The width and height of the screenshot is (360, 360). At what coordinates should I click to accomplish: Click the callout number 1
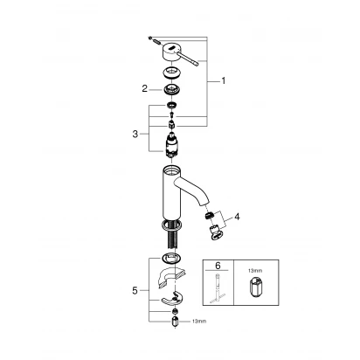[x=224, y=80]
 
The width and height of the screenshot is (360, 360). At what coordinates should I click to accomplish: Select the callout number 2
[x=145, y=88]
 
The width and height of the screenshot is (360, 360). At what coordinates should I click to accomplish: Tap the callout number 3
[x=135, y=135]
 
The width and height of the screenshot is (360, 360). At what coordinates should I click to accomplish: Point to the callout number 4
[x=237, y=217]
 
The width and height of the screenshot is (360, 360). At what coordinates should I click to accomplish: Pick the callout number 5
[x=135, y=290]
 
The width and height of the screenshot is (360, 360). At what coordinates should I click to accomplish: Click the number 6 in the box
[x=218, y=266]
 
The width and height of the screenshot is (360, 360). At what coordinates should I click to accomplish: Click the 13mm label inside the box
[x=255, y=271]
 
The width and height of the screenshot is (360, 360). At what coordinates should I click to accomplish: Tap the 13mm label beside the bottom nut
[x=199, y=322]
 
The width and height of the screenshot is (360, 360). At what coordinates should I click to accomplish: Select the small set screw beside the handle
[x=155, y=40]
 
